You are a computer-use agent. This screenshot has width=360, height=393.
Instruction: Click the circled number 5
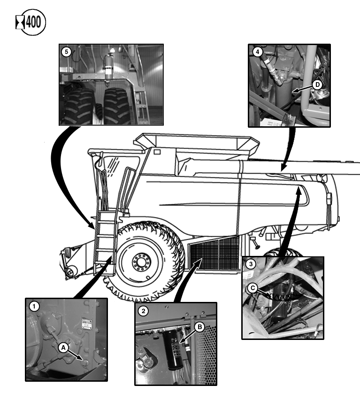[67, 52]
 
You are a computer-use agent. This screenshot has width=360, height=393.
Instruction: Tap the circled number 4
[257, 52]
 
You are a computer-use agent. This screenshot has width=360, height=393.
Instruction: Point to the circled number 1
[34, 306]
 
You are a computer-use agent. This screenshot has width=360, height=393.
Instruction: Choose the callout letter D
[317, 85]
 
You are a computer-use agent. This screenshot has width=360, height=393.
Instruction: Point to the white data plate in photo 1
[85, 324]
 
